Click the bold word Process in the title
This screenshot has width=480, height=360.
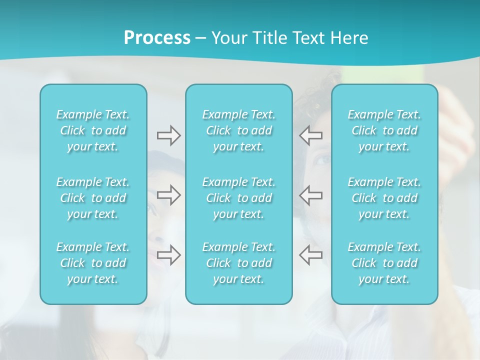(x=157, y=38)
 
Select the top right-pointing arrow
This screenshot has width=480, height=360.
(x=168, y=135)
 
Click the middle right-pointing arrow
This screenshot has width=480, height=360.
(x=168, y=194)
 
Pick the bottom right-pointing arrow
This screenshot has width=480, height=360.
(x=168, y=254)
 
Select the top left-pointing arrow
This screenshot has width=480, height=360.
(x=310, y=135)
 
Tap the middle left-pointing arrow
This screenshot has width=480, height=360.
(x=310, y=194)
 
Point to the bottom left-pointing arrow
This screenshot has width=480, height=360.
(x=310, y=254)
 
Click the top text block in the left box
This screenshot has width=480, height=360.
(x=93, y=130)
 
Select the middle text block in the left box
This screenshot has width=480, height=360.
(x=93, y=198)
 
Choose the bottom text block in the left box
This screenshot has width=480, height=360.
(x=93, y=263)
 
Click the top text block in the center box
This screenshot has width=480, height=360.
(x=239, y=130)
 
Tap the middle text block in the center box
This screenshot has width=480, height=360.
(x=239, y=198)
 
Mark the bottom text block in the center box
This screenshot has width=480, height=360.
(x=239, y=263)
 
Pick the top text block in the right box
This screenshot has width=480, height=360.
(x=384, y=130)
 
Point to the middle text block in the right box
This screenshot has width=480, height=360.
(x=384, y=198)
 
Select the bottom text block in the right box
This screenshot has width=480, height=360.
(x=384, y=263)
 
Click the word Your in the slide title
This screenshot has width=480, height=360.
(x=228, y=38)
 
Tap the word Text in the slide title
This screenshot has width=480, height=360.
(x=307, y=38)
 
